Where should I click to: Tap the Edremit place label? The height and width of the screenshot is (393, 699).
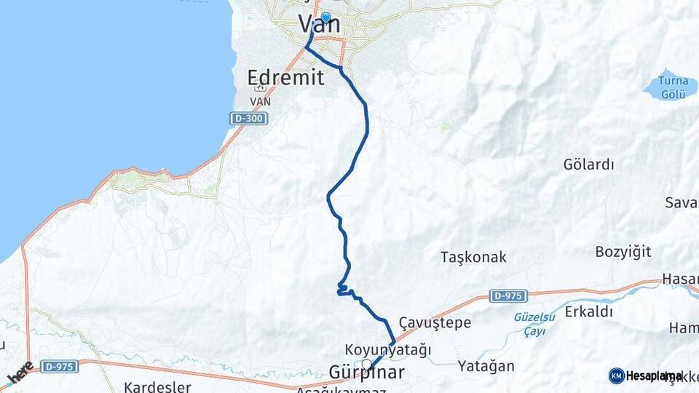[285, 78]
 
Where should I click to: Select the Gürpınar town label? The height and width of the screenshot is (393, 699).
[366, 373]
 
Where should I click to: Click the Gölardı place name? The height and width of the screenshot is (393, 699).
[588, 164]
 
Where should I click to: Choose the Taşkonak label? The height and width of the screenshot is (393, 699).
[473, 257]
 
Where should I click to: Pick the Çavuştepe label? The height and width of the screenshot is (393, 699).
[435, 322]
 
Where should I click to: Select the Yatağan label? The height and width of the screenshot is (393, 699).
[486, 366]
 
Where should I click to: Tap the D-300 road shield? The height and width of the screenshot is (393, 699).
[249, 117]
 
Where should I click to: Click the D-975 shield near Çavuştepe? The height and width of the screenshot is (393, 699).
[508, 295]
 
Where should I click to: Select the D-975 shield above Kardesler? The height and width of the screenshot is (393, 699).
[59, 366]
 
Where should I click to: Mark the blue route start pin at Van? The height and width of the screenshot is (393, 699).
[325, 18]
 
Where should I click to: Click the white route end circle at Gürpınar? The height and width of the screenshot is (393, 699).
[366, 363]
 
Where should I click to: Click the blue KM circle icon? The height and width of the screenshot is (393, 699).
[616, 376]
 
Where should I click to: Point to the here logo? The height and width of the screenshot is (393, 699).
[21, 373]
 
